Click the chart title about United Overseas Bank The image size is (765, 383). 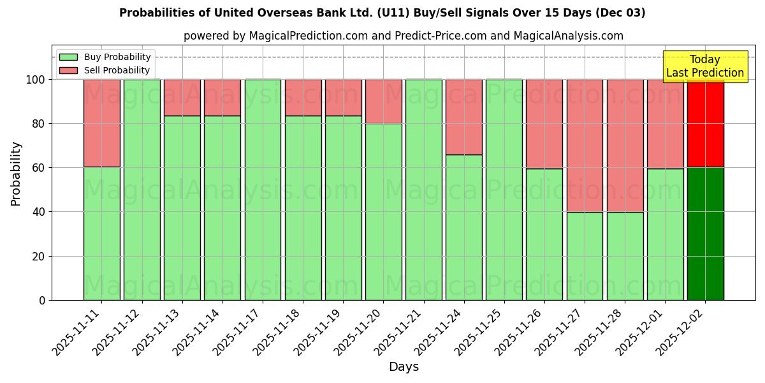click(x=382, y=13)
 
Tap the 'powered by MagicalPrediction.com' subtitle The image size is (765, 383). click(x=403, y=36)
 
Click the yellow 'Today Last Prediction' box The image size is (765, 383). click(x=704, y=66)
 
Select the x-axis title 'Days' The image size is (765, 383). click(x=404, y=367)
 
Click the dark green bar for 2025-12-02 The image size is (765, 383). click(x=705, y=234)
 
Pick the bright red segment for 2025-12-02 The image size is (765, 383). click(x=705, y=123)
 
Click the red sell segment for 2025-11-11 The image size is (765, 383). click(x=102, y=123)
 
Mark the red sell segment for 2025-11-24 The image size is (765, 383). click(x=463, y=117)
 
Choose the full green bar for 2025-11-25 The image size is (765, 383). click(x=504, y=190)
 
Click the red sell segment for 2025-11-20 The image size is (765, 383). click(x=383, y=101)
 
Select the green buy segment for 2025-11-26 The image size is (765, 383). click(x=544, y=234)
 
